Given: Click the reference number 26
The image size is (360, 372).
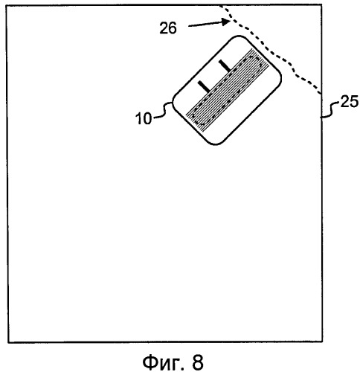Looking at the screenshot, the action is pyautogui.click(x=168, y=28).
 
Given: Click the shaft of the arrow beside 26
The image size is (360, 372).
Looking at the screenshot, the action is pyautogui.click(x=205, y=24).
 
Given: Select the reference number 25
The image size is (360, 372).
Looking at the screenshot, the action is pyautogui.click(x=350, y=102).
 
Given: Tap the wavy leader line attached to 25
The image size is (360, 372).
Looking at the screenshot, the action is pyautogui.click(x=330, y=109).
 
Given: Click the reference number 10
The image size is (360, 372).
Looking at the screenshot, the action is pyautogui.click(x=144, y=118).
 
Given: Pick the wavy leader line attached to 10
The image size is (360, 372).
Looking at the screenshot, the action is pyautogui.click(x=163, y=110).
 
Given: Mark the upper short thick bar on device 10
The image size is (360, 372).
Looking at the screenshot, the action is pyautogui.click(x=225, y=65).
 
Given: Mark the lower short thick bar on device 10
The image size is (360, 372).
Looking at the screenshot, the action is pyautogui.click(x=204, y=86).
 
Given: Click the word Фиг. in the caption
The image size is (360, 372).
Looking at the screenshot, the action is pyautogui.click(x=164, y=362).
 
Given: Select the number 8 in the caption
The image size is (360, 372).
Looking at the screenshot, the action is pyautogui.click(x=198, y=362).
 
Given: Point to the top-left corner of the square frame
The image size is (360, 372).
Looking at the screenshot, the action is pyautogui.click(x=7, y=6).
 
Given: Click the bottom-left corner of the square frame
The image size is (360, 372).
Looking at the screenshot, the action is pyautogui.click(x=8, y=342).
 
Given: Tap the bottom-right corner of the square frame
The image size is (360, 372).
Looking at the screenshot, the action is pyautogui.click(x=322, y=342).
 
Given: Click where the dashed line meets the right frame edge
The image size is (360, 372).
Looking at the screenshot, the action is pyautogui.click(x=321, y=94).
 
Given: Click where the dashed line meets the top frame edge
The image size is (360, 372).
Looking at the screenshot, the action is pyautogui.click(x=219, y=5).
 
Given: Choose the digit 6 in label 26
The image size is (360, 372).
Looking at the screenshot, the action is pyautogui.click(x=173, y=28).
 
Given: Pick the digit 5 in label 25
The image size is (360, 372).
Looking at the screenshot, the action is pyautogui.click(x=354, y=102).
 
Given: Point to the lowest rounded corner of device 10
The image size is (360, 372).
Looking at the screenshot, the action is pyautogui.click(x=215, y=144).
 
